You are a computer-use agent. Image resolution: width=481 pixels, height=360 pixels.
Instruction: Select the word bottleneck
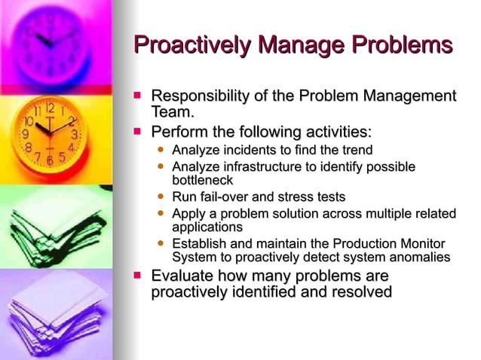203,181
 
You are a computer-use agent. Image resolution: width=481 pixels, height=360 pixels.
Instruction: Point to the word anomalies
418,258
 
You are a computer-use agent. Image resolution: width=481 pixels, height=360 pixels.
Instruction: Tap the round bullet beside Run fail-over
161,197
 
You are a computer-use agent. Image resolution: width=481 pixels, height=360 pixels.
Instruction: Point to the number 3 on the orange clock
74,134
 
